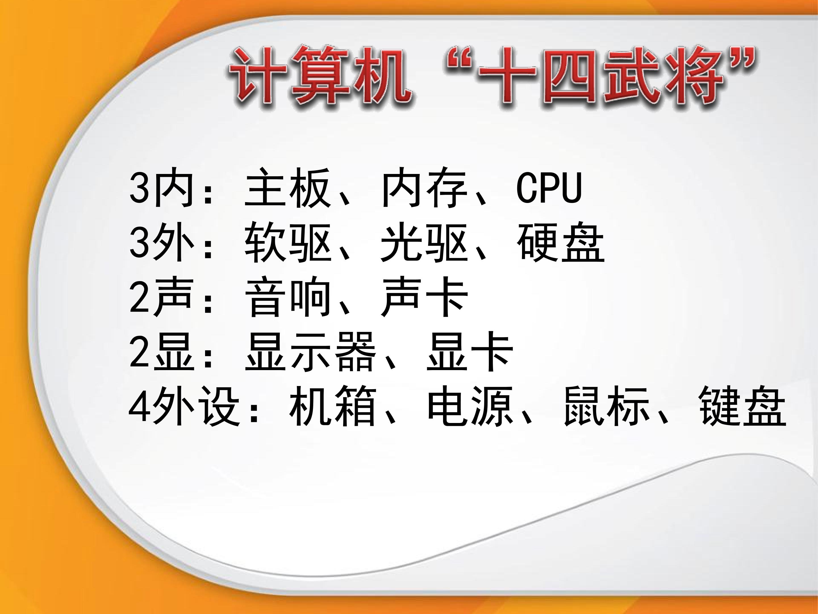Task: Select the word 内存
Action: click(424, 187)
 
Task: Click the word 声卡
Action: click(424, 297)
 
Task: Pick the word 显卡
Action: click(470, 352)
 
